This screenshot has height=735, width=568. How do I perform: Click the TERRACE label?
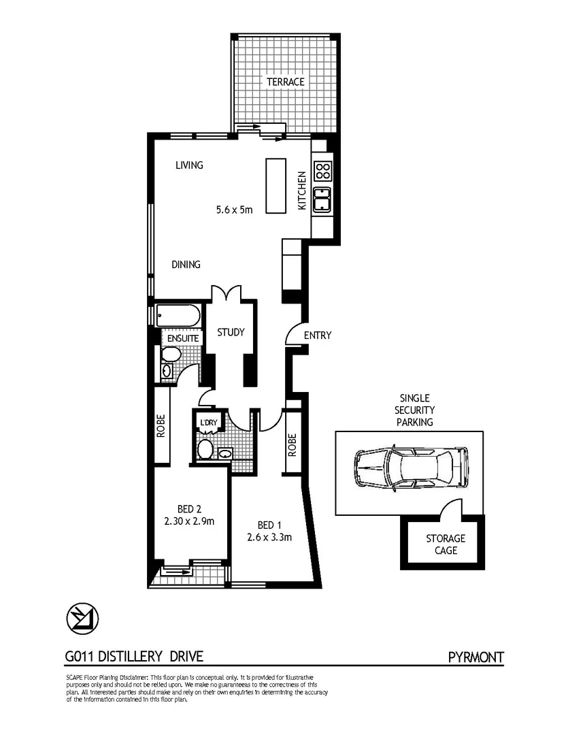(x=285, y=82)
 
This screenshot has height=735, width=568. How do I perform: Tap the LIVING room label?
(x=189, y=165)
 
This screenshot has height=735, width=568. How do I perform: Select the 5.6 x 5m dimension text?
(x=234, y=210)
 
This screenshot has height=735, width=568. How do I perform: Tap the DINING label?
(x=186, y=265)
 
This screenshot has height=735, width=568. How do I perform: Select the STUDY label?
(x=231, y=333)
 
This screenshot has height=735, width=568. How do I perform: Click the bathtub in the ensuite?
(x=178, y=316)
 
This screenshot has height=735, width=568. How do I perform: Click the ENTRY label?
(x=318, y=336)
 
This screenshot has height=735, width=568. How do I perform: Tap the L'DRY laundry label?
(x=207, y=423)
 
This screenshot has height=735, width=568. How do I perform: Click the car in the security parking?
(x=411, y=468)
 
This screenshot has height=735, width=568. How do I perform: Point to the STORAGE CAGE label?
(x=446, y=544)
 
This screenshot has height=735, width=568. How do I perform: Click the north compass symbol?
(x=82, y=618)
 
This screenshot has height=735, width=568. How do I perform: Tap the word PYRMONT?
(x=476, y=657)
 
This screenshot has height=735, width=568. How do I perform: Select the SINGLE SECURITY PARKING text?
(x=416, y=410)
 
